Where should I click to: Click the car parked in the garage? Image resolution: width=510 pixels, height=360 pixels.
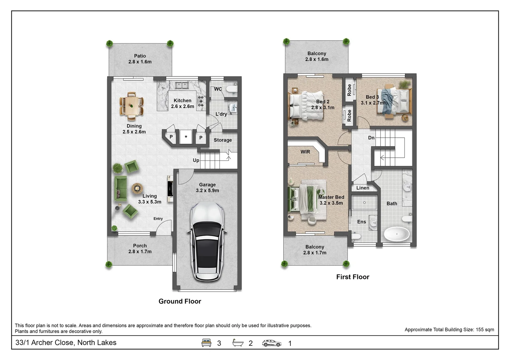click(x=207, y=242)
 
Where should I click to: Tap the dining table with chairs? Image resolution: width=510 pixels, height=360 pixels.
click(x=132, y=106)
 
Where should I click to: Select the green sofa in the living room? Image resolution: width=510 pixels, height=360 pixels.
click(x=120, y=188)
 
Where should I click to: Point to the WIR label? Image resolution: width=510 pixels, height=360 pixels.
click(x=305, y=152)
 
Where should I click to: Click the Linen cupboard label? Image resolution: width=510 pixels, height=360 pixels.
click(x=363, y=188)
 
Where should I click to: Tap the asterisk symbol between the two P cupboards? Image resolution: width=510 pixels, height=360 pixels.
click(x=186, y=137)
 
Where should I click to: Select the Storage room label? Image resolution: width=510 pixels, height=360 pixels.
click(x=223, y=140)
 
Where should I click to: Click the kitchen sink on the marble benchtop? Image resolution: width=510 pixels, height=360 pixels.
click(x=182, y=85)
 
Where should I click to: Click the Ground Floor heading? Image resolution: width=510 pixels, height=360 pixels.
click(x=180, y=301)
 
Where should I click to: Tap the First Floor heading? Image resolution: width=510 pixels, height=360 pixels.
click(x=353, y=277)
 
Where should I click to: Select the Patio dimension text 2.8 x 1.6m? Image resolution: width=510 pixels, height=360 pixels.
click(x=140, y=62)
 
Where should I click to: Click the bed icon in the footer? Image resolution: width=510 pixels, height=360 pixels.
click(x=206, y=343)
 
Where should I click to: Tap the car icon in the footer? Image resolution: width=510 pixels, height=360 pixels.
click(x=272, y=343)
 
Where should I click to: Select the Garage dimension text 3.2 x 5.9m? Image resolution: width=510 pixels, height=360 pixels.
click(x=207, y=190)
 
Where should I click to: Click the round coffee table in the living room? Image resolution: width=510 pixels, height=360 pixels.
click(x=137, y=188)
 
